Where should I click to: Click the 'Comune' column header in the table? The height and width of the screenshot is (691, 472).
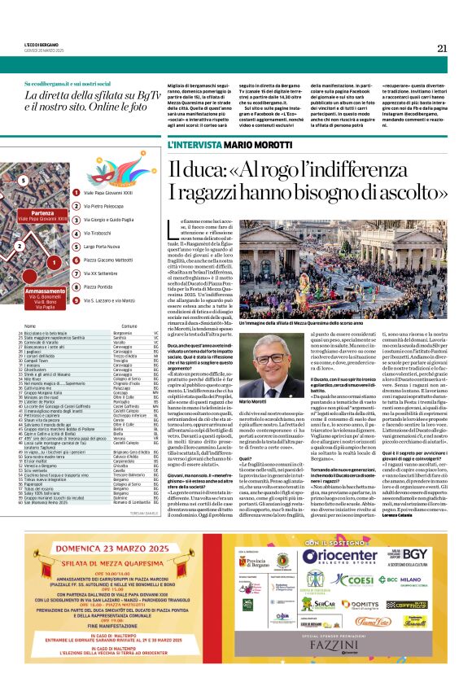122,326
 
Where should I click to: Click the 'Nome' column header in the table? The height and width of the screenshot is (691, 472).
30,326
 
